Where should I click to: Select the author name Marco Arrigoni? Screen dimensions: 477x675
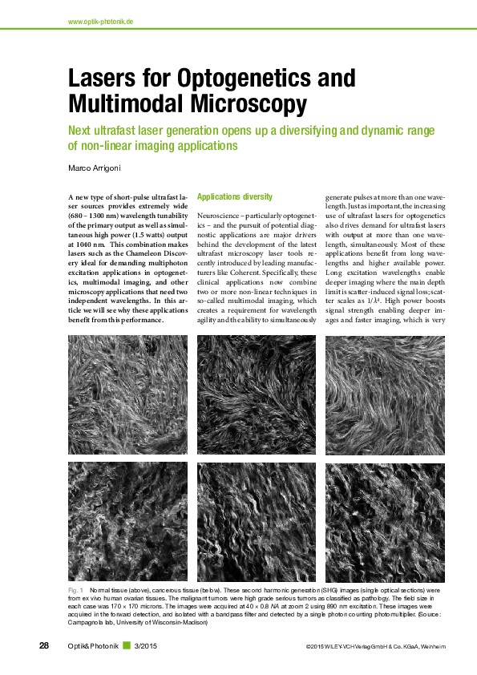[x=96, y=168]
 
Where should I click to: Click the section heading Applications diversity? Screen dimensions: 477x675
[x=234, y=196]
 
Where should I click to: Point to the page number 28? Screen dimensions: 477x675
[x=45, y=646]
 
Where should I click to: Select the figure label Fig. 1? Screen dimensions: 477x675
[x=76, y=590]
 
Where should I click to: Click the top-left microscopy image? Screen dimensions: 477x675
[x=128, y=394]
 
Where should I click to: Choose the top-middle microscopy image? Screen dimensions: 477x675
[x=257, y=394]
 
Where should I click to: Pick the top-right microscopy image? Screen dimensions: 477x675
[x=386, y=394]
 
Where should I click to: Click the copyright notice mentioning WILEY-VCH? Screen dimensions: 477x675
[x=375, y=647]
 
